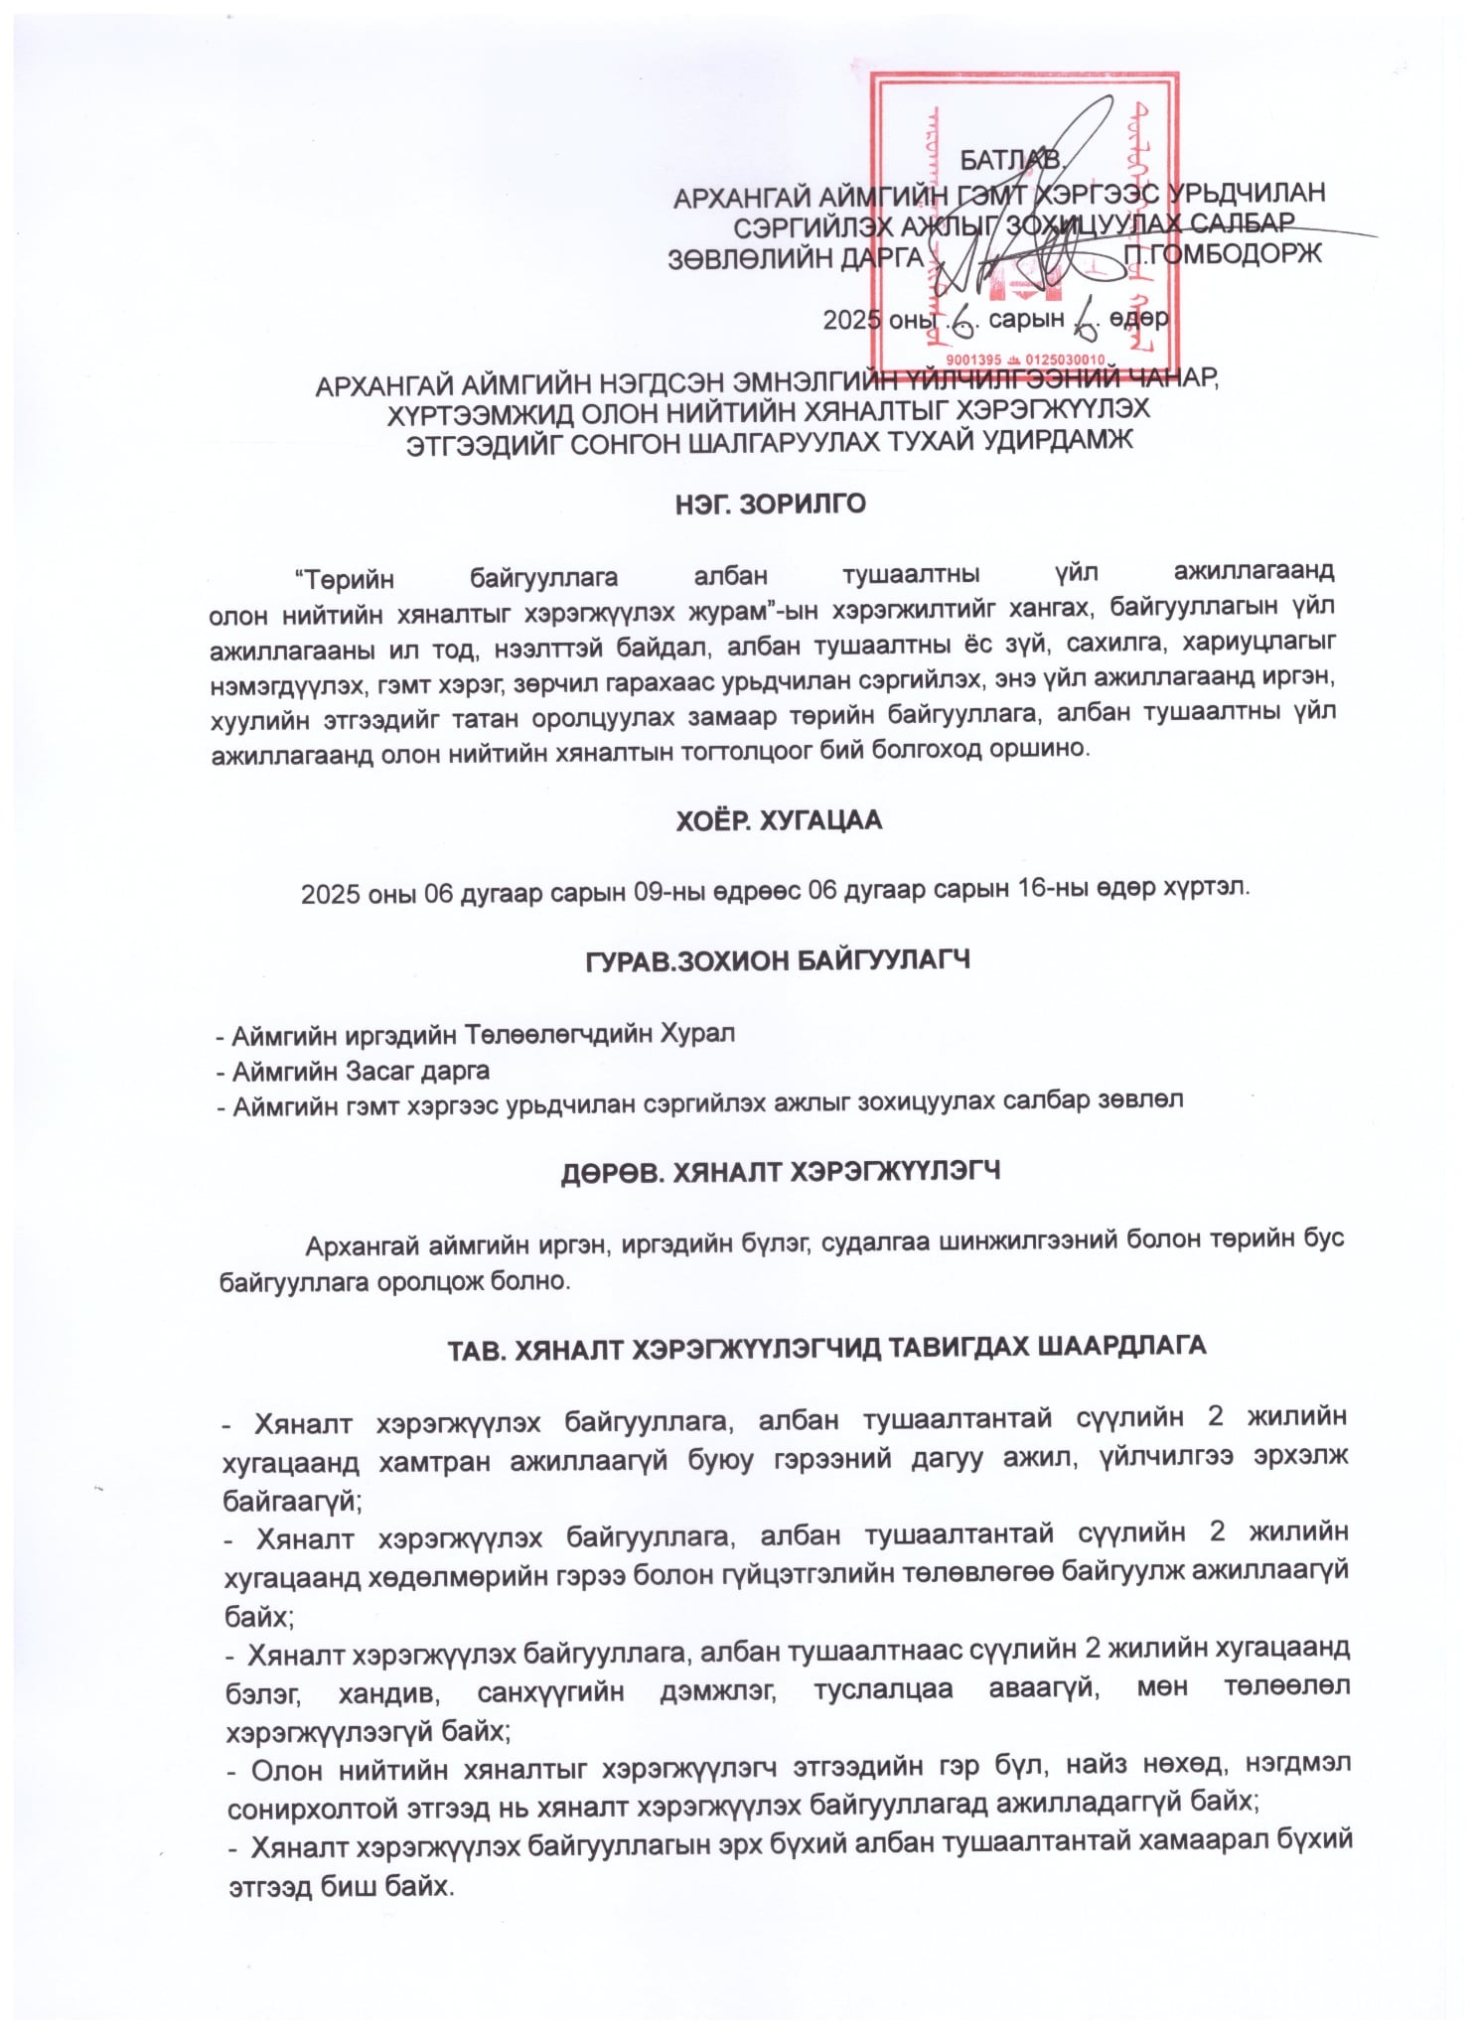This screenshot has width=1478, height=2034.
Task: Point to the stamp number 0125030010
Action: (x=1061, y=359)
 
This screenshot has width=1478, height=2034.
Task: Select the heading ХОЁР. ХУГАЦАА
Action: (x=772, y=821)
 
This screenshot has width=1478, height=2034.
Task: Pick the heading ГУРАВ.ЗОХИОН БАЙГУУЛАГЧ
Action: (x=772, y=960)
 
